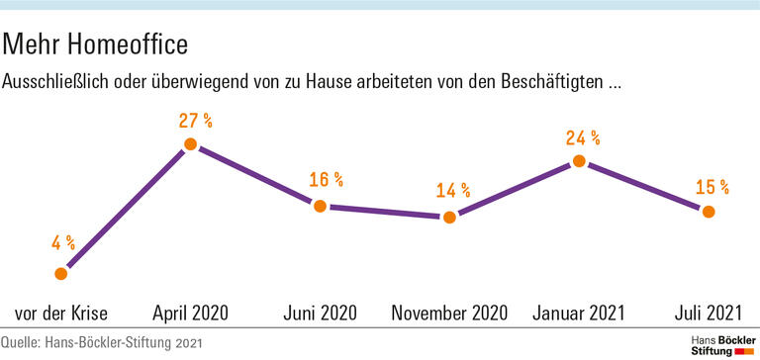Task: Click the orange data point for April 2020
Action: pos(191,144)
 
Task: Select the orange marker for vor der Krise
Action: pos(61,273)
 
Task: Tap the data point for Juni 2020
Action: pos(320,206)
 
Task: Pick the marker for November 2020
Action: pos(449,217)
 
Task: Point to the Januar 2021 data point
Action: pos(579,161)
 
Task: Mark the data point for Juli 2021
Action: pos(709,211)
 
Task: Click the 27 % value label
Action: pos(195,121)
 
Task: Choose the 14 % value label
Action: pos(453,190)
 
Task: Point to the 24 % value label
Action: pos(583,137)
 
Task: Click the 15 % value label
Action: pos(712,185)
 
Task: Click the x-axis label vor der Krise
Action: pos(61,314)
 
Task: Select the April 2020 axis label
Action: pos(190,314)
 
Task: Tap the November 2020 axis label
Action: pos(449,314)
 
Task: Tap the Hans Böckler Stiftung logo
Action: pos(719,344)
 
